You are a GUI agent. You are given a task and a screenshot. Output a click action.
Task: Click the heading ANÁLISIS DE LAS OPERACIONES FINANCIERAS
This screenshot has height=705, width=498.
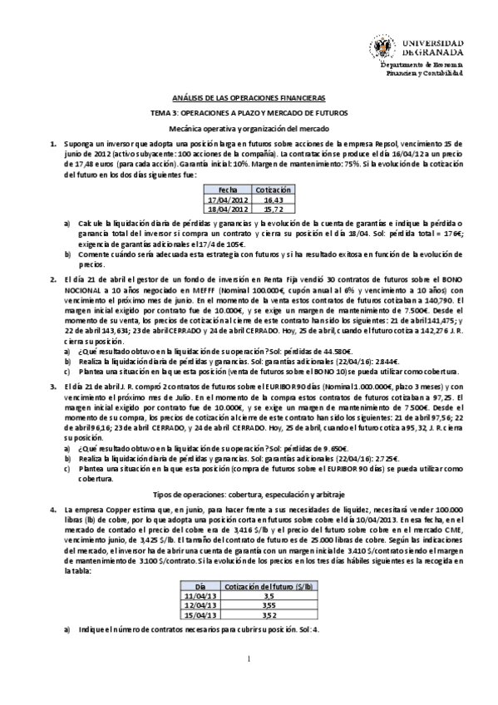pyautogui.click(x=249, y=96)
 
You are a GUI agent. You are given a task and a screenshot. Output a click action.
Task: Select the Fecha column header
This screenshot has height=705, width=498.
pyautogui.click(x=227, y=190)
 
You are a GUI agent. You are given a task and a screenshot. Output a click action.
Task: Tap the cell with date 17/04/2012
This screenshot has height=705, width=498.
pyautogui.click(x=228, y=200)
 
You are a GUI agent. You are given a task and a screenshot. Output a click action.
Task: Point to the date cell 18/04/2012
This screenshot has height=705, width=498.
pyautogui.click(x=228, y=209)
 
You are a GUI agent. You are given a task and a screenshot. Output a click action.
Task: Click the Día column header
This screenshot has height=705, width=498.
pyautogui.click(x=202, y=587)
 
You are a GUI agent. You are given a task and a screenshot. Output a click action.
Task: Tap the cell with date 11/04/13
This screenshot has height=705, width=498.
pyautogui.click(x=202, y=596)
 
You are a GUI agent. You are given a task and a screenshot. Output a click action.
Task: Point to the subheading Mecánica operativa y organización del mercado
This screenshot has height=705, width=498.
pyautogui.click(x=249, y=130)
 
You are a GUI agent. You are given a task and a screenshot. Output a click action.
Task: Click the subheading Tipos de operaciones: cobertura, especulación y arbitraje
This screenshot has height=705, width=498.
pyautogui.click(x=249, y=494)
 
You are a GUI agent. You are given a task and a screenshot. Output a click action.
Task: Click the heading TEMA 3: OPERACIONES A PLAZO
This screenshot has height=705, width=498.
pyautogui.click(x=249, y=112)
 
